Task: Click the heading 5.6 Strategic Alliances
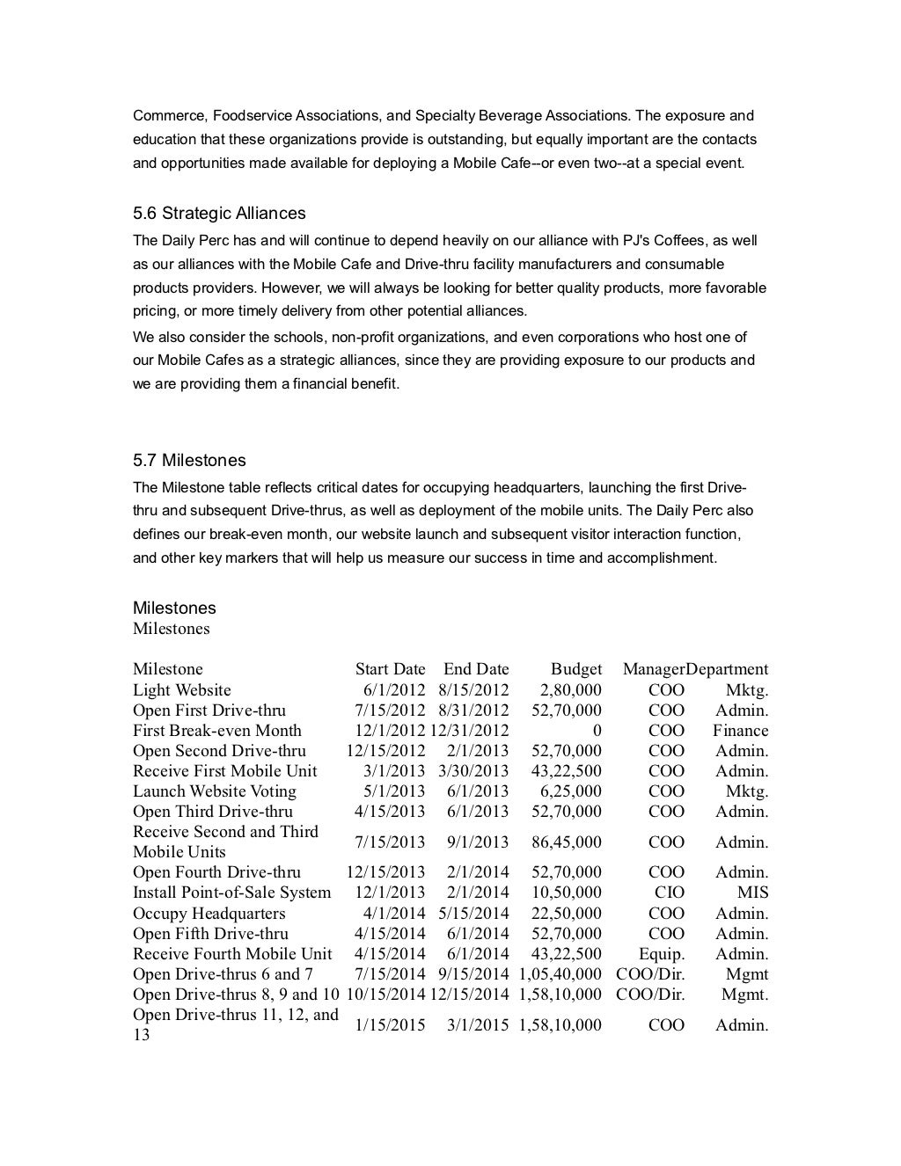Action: click(219, 214)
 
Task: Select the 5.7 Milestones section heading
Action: click(189, 461)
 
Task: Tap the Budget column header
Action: click(576, 669)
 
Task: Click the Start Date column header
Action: click(390, 669)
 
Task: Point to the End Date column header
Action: click(476, 669)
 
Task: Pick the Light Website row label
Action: click(182, 690)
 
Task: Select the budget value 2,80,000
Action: click(571, 690)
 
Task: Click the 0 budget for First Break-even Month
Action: click(597, 731)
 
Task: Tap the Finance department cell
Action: click(740, 731)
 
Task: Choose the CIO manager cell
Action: click(666, 893)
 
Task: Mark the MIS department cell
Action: click(752, 893)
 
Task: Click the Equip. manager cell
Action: click(662, 954)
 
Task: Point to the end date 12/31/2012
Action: click(469, 731)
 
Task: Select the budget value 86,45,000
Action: click(567, 842)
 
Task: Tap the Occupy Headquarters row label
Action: click(209, 914)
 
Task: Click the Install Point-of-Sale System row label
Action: click(232, 893)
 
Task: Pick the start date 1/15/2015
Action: click(390, 1025)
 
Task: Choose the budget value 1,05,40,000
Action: click(560, 974)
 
